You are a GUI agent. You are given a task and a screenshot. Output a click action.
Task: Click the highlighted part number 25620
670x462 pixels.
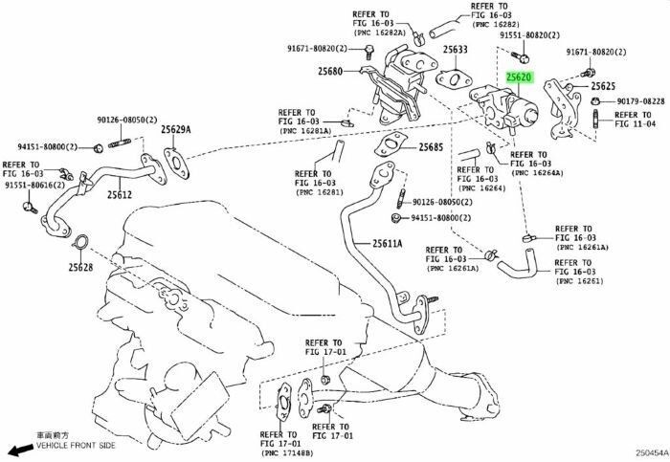520,77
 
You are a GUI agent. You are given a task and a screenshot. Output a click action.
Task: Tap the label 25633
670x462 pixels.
456,50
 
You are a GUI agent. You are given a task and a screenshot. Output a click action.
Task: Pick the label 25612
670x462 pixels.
119,194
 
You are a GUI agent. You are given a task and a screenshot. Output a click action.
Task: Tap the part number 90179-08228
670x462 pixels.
639,100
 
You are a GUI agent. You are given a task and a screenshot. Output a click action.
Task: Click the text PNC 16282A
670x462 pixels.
380,33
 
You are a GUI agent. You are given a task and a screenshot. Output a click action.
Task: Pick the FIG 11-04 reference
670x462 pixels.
636,124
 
